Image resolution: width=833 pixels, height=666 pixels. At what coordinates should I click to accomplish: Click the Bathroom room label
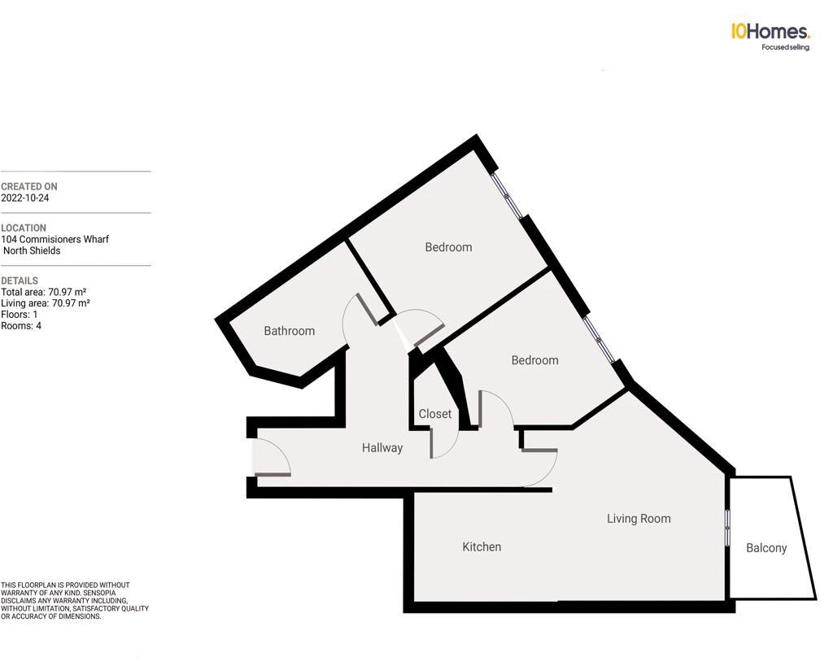289,331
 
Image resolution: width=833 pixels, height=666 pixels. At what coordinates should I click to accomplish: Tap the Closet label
434,414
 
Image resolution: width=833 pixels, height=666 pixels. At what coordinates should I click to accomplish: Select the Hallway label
382,447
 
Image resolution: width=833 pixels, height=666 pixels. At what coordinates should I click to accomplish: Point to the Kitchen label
482,546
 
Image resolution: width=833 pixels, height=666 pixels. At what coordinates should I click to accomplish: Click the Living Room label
639,518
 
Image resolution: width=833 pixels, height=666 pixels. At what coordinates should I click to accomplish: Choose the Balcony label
766,548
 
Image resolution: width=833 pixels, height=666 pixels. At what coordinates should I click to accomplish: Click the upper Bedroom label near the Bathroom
448,247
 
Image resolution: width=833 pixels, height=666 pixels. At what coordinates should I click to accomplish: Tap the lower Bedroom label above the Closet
534,360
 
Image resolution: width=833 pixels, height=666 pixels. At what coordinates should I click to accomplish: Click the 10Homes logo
770,32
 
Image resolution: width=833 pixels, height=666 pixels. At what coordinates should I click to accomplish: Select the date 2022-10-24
25,198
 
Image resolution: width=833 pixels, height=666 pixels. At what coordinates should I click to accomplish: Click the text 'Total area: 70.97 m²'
44,292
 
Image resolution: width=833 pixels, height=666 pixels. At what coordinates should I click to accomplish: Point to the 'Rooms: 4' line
21,326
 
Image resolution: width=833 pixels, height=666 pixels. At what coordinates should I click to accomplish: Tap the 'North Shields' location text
32,250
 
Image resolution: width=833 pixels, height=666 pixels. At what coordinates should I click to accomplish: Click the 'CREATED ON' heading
29,187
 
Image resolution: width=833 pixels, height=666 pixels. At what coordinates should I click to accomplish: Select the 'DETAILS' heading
20,281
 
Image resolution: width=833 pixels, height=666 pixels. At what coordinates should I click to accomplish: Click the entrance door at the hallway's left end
271,459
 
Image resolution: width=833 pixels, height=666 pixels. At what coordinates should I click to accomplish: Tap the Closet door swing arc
448,443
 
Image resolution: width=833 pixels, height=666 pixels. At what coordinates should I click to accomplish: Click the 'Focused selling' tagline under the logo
785,47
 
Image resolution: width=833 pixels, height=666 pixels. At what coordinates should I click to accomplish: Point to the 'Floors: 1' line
20,315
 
